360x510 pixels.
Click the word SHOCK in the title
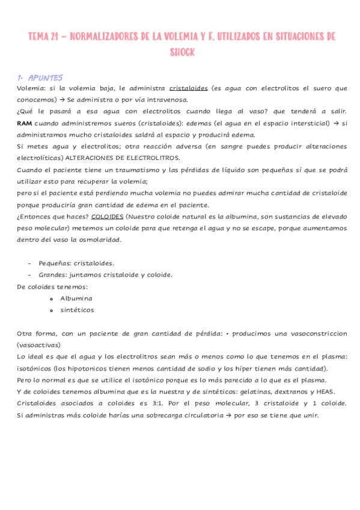pos(182,52)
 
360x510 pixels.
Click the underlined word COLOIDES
pos(108,217)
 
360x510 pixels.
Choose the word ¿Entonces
pos(35,217)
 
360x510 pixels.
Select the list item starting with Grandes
pos(97,275)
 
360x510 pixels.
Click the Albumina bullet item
pos(76,298)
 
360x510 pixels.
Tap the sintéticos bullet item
pos(77,310)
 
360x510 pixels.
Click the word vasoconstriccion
pos(314,333)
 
